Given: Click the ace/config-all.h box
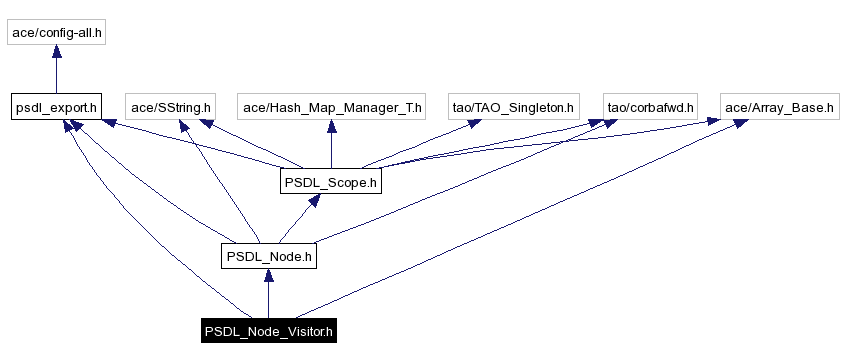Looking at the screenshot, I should pyautogui.click(x=56, y=32).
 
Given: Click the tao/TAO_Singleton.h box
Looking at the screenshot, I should pyautogui.click(x=514, y=106).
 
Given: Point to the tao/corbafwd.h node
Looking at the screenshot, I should pyautogui.click(x=650, y=106).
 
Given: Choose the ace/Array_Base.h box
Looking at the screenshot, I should pyautogui.click(x=779, y=106).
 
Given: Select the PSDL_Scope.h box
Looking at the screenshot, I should pyautogui.click(x=329, y=182).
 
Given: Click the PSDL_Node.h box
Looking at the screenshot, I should pyautogui.click(x=268, y=256).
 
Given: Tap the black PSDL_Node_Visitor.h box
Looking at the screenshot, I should pyautogui.click(x=268, y=330).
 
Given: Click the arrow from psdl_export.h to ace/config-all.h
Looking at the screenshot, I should pyautogui.click(x=56, y=69).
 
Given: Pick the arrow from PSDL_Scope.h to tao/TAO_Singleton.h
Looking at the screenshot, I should pyautogui.click(x=420, y=144).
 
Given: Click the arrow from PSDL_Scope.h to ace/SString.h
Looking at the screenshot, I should pyautogui.click(x=250, y=144).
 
